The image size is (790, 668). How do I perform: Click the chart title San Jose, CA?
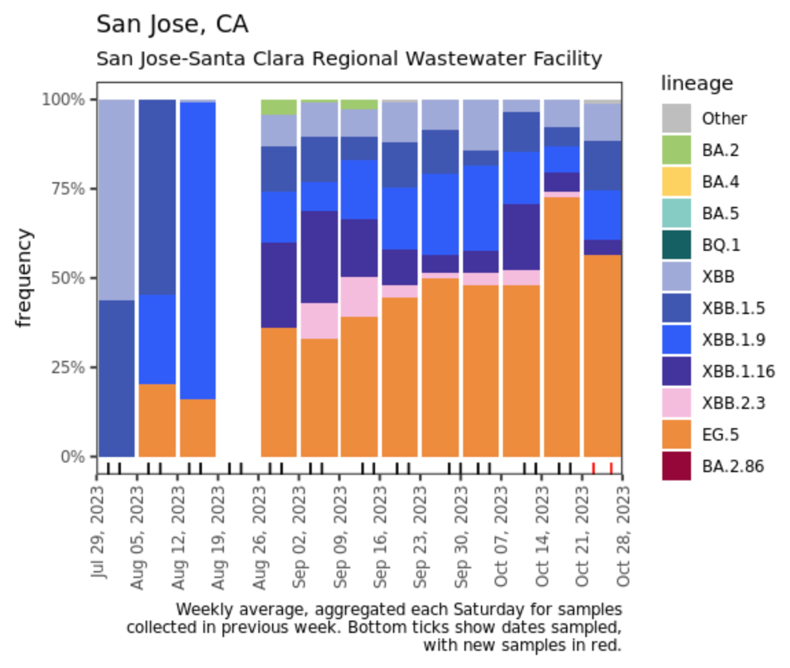(x=172, y=25)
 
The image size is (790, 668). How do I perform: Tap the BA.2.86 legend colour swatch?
(x=676, y=467)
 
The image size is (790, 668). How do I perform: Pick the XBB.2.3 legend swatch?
(x=676, y=403)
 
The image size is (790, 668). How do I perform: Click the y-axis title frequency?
(x=24, y=278)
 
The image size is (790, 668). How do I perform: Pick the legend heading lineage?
(x=697, y=84)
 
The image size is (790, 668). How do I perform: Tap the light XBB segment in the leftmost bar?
(x=117, y=199)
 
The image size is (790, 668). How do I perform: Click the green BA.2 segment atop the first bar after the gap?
(x=279, y=107)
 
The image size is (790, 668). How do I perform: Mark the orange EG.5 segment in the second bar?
(x=157, y=420)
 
